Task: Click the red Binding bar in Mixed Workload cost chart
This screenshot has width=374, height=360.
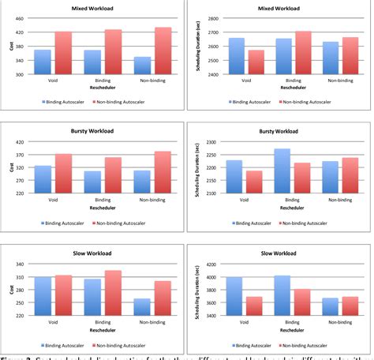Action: (114, 52)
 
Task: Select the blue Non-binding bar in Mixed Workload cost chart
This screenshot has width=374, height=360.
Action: (142, 66)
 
